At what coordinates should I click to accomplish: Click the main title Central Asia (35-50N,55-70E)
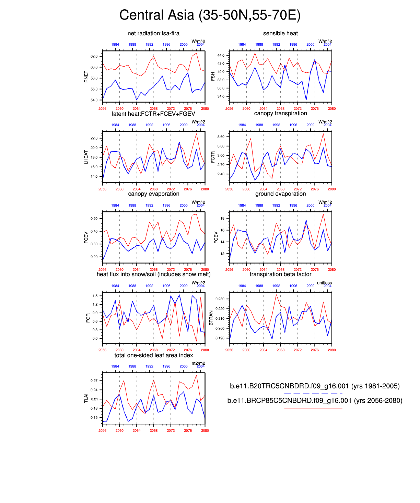point(210,15)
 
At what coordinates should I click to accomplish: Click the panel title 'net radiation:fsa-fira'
point(153,33)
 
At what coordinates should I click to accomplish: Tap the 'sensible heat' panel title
point(280,33)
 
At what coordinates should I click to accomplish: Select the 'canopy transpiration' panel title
point(280,113)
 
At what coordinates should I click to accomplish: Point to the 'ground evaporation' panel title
point(280,194)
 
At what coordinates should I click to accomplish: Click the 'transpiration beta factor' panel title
point(280,274)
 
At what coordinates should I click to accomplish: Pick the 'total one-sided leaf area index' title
point(153,355)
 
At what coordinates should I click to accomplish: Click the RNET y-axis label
point(86,77)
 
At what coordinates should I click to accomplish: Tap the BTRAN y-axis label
point(211,318)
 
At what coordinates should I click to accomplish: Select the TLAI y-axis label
point(86,398)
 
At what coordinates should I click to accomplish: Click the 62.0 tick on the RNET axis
point(94,56)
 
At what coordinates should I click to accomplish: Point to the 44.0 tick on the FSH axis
point(221,55)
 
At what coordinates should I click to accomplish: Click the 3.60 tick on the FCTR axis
point(221,137)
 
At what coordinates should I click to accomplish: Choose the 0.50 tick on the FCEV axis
point(94,219)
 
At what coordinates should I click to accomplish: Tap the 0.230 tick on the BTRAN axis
point(220,299)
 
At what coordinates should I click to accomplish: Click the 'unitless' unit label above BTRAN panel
point(324,283)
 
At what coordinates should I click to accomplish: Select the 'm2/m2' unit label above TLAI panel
point(198,363)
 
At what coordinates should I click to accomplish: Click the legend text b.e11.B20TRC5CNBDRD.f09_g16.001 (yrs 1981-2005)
point(315,386)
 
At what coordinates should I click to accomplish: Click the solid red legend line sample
point(313,408)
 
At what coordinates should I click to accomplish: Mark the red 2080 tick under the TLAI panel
point(205,431)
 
